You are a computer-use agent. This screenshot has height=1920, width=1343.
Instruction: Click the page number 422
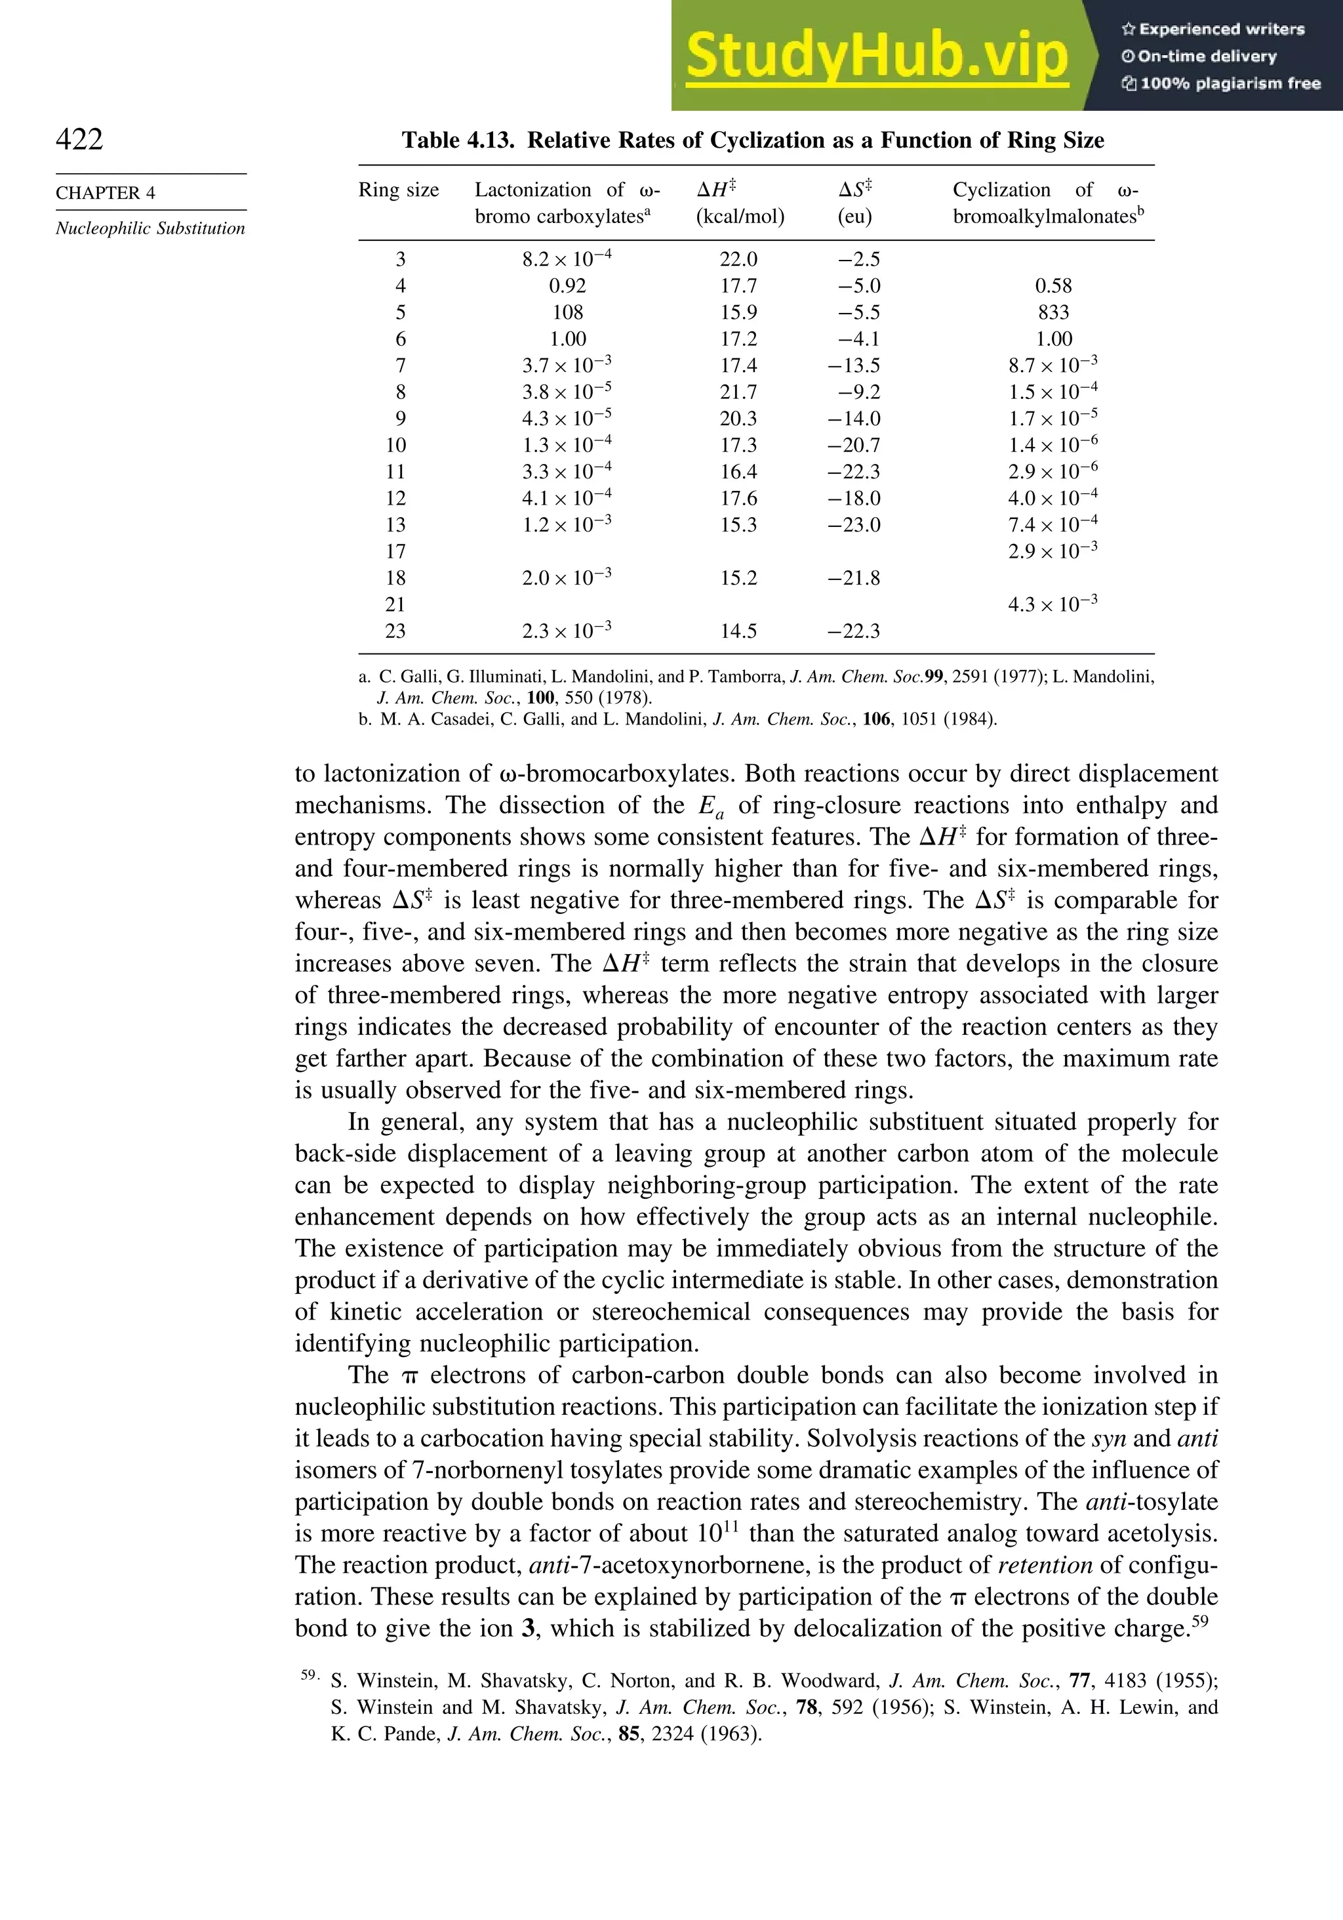(79, 139)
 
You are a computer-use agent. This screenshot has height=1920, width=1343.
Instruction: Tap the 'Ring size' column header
(399, 190)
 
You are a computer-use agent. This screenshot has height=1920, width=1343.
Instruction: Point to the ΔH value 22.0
(739, 259)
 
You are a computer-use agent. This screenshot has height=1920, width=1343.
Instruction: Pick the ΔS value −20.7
(854, 446)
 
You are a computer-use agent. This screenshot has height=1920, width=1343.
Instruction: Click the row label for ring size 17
(395, 552)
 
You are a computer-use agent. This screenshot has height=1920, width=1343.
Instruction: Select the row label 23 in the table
(395, 631)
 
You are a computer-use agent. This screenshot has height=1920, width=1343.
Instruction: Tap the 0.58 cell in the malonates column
(1053, 286)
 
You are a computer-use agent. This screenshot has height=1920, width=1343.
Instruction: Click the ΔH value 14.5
(739, 631)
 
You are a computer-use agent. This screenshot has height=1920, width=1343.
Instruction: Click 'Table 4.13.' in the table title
(458, 140)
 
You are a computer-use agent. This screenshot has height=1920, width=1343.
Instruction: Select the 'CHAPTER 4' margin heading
(106, 193)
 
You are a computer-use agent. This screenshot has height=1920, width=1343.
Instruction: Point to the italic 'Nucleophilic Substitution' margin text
(150, 228)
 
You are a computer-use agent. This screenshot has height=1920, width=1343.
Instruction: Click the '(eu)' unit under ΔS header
(854, 217)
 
